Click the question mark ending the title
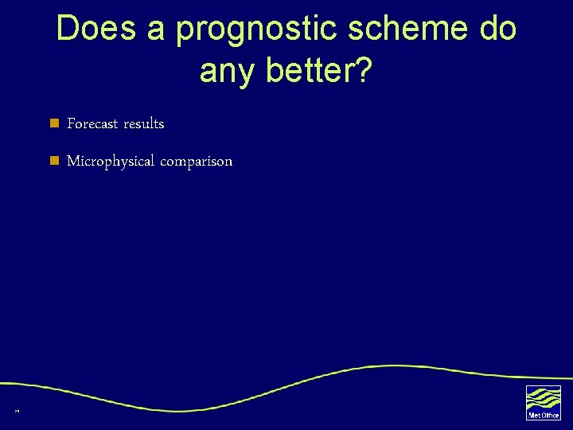tap(363, 70)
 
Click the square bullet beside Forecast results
tap(54, 123)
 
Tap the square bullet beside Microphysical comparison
tap(54, 161)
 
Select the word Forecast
tap(92, 123)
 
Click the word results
tap(143, 123)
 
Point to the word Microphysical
tap(111, 162)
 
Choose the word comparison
tap(197, 162)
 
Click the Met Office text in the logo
tap(544, 415)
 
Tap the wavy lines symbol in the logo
tap(544, 397)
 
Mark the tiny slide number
tap(16, 411)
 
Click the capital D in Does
tap(68, 29)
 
